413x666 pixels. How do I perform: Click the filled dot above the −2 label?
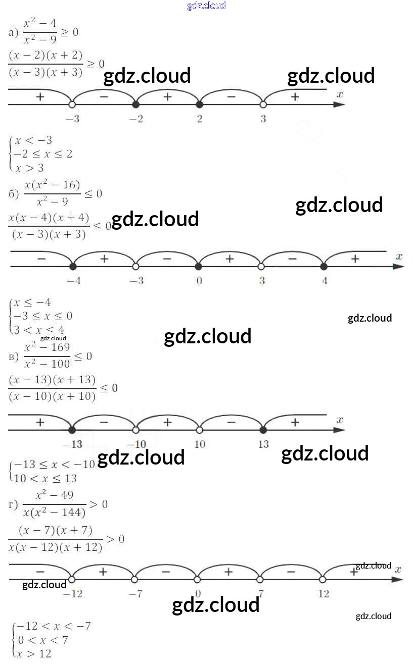(135, 105)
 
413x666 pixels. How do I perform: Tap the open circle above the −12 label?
(72, 579)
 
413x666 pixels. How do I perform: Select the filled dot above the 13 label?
(263, 430)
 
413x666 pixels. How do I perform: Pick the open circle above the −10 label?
(135, 430)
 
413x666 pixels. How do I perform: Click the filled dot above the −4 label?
(73, 266)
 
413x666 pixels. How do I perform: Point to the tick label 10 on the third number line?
(200, 444)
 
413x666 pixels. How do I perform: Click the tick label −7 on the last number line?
(135, 594)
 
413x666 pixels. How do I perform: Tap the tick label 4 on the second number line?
(325, 281)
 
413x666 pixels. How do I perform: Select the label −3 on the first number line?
(72, 119)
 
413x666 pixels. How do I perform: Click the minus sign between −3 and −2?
(104, 96)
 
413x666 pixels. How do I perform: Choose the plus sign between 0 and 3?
(230, 259)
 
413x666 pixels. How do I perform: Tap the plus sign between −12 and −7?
(103, 572)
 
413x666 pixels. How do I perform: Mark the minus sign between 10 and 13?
(231, 422)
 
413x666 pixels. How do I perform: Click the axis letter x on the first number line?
(340, 94)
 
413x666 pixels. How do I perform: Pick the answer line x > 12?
(33, 654)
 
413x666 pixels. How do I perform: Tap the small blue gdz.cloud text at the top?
(206, 6)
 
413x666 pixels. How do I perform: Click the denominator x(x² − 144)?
(55, 513)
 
